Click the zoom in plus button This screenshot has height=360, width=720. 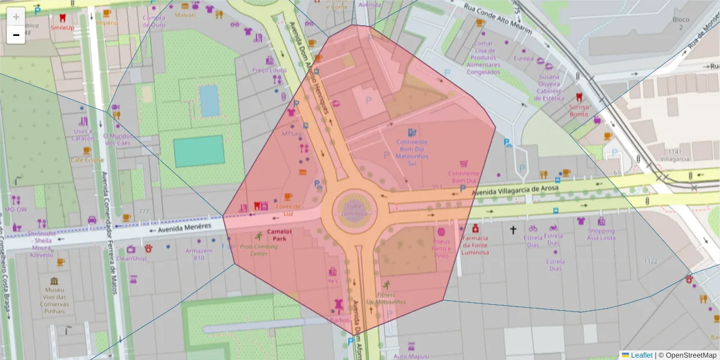[16, 16]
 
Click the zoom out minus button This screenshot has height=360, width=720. [16, 35]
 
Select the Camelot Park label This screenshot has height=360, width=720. [279, 235]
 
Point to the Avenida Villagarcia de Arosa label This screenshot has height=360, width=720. [515, 190]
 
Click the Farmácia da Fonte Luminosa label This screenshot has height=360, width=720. [475, 245]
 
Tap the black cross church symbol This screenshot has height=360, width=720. [513, 229]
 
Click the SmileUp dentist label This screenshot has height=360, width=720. [62, 28]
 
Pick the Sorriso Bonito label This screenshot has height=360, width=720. [579, 110]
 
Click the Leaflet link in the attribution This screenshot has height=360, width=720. [641, 355]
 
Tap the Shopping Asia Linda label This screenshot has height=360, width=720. [601, 235]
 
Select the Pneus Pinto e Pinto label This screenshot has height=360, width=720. [441, 248]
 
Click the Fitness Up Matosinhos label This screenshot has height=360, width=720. [386, 298]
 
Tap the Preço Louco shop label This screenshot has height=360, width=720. [269, 70]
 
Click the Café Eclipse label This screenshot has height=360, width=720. [86, 160]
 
